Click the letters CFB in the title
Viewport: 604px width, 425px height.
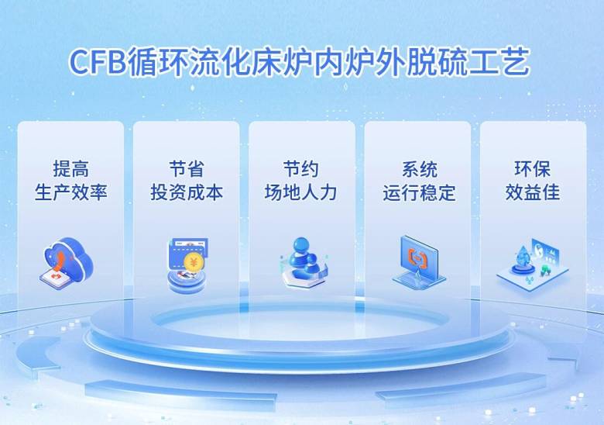coord(98,62)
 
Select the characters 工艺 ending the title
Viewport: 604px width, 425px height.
coord(499,62)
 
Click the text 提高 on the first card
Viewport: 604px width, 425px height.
coord(71,169)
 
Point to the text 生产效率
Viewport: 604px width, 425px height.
coord(71,192)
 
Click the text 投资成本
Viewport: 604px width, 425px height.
coord(187,192)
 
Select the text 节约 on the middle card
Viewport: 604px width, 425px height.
coord(301,169)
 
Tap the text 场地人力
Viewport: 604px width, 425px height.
coord(301,192)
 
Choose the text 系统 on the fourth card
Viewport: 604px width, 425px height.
coord(419,169)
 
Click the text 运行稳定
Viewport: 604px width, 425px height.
coord(419,192)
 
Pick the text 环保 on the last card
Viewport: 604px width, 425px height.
coord(532,169)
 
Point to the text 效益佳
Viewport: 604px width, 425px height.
coord(532,192)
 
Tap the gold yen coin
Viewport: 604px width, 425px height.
coord(193,263)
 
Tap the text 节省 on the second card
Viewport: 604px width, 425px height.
coord(187,169)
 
